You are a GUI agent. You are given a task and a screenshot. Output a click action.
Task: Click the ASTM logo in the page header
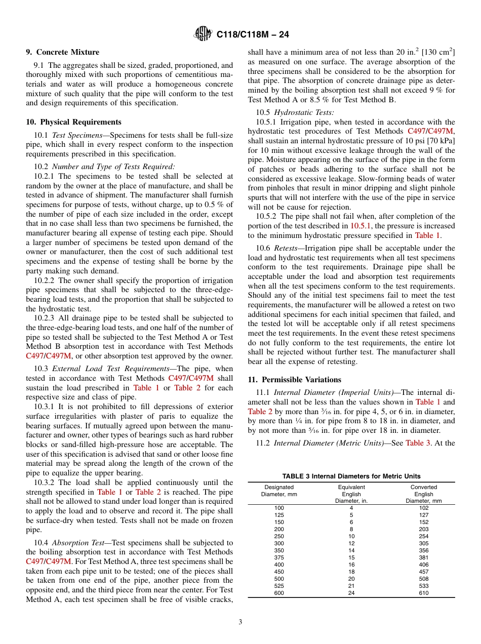tap(204, 34)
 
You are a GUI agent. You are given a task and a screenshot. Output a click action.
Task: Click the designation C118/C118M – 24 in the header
tap(252, 35)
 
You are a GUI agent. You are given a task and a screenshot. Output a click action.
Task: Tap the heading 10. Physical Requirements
tap(73, 122)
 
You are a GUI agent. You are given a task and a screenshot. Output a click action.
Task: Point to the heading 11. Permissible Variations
tap(294, 380)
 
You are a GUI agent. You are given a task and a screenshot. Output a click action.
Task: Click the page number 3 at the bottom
tap(240, 622)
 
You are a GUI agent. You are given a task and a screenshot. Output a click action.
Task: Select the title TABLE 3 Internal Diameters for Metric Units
tap(351, 476)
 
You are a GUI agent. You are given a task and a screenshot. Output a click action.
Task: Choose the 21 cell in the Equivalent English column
tap(351, 586)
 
